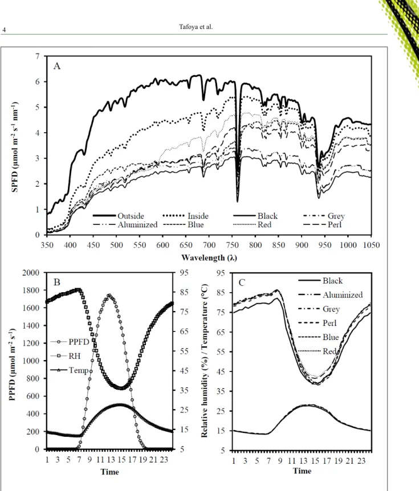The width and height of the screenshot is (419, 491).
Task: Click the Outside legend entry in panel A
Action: (x=119, y=216)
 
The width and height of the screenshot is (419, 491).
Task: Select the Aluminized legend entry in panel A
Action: (x=125, y=224)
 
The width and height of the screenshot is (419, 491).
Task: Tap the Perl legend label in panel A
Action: (x=335, y=224)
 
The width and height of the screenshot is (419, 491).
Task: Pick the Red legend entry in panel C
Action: (x=317, y=351)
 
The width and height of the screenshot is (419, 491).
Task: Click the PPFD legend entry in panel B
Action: (x=70, y=342)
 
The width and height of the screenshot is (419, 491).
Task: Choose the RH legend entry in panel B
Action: (x=66, y=356)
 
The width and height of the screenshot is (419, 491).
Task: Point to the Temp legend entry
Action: (x=69, y=370)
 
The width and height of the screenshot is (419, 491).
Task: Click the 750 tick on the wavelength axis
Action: (x=232, y=245)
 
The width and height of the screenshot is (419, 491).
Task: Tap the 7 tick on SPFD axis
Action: (x=38, y=56)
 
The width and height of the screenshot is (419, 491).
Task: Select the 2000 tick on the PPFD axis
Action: (x=31, y=272)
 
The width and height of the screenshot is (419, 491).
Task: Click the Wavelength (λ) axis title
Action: (x=209, y=257)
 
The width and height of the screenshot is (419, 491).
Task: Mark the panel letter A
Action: (x=57, y=66)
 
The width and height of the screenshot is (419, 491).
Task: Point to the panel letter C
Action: (x=242, y=283)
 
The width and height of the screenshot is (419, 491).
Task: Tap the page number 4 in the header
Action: (x=4, y=30)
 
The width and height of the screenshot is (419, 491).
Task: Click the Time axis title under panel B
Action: (x=109, y=472)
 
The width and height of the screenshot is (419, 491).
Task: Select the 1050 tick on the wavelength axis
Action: (x=371, y=245)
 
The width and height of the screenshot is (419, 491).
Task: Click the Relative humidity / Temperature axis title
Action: (x=204, y=361)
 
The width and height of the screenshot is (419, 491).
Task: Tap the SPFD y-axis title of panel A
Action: (x=15, y=146)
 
